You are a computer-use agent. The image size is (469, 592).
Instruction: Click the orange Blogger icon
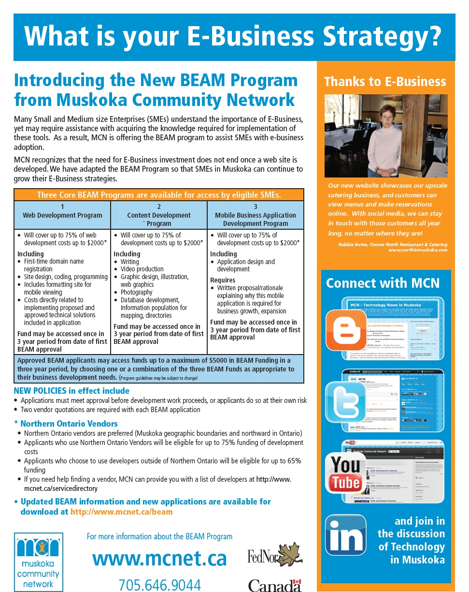click(346, 330)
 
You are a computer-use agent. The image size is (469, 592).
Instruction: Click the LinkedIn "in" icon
click(345, 534)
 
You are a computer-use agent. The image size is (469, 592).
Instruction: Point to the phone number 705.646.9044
click(159, 585)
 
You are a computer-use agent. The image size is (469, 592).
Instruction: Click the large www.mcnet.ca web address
click(159, 559)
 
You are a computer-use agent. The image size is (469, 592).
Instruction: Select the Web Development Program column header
click(62, 215)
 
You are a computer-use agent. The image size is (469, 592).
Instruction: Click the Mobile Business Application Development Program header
click(256, 219)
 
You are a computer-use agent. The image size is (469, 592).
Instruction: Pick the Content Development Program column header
click(159, 219)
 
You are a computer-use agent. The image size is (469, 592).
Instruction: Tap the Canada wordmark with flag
click(274, 585)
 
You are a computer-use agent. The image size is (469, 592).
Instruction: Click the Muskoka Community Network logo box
click(39, 562)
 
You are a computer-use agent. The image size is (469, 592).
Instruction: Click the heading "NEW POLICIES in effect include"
click(71, 391)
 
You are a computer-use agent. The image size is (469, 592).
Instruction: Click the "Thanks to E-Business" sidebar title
click(385, 81)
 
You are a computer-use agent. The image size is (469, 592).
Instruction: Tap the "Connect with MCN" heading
click(383, 283)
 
